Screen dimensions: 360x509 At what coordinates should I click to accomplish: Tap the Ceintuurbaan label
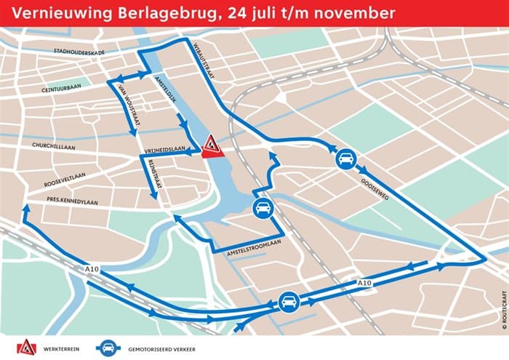click(x=63, y=88)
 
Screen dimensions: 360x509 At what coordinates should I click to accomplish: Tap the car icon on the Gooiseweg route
click(x=346, y=159)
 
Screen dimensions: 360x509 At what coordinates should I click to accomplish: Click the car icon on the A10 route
click(x=288, y=301)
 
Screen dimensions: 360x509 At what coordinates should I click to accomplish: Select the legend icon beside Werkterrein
click(x=26, y=346)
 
